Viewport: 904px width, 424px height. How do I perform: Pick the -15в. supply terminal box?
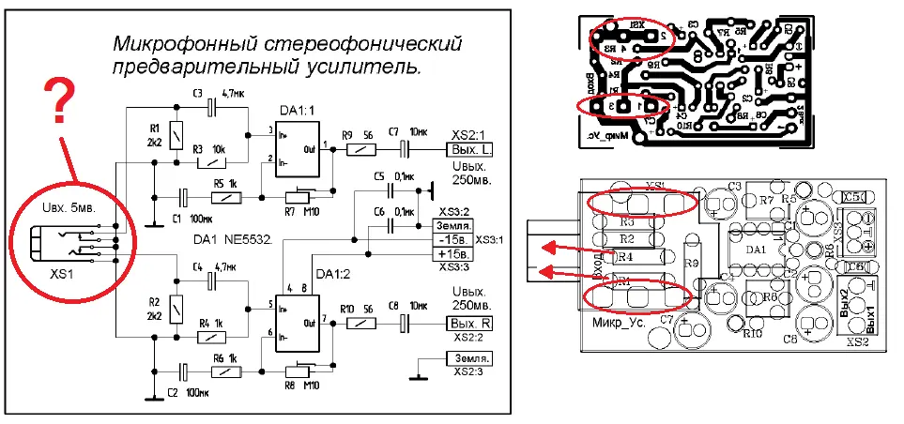point(452,239)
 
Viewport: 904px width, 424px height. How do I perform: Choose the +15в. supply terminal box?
point(452,253)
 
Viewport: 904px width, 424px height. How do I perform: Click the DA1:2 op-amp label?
point(333,273)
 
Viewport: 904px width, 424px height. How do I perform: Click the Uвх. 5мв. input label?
point(67,205)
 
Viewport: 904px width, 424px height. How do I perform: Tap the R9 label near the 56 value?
point(346,134)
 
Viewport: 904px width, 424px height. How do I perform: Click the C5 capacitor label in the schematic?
point(379,176)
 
